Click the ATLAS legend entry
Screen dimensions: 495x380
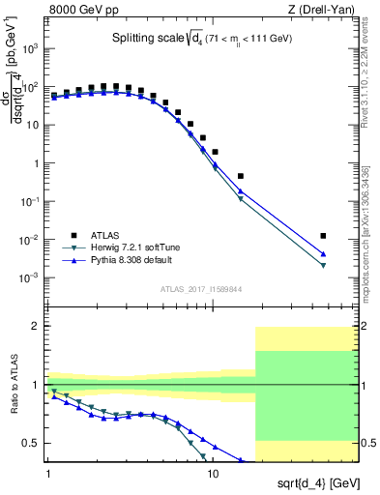[93, 235]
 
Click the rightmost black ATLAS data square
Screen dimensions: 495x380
[323, 235]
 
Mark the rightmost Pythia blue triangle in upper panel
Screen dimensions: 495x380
[323, 254]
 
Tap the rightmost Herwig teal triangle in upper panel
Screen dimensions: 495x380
[323, 266]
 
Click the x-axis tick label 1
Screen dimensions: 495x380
[47, 477]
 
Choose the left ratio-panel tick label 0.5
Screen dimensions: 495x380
[32, 443]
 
